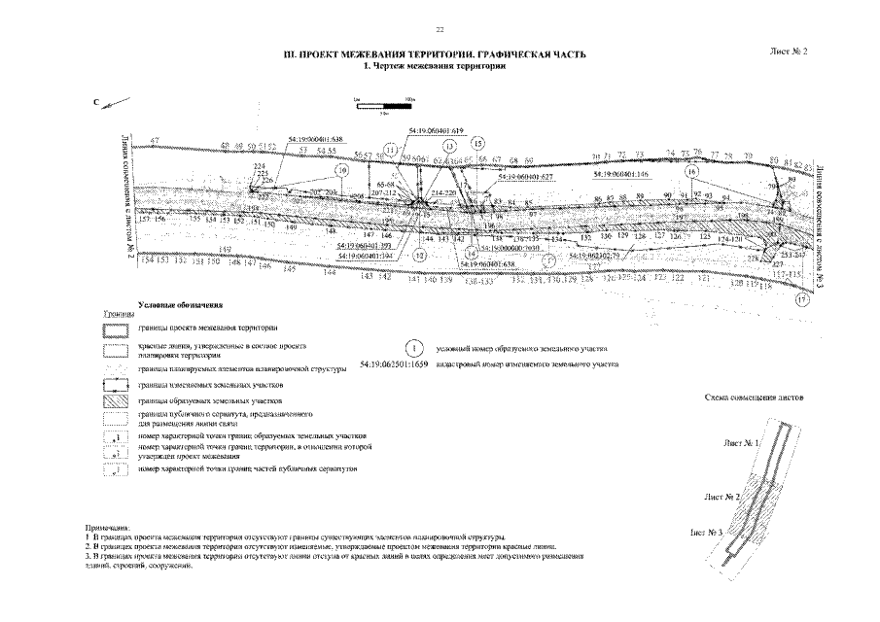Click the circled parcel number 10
point(341,169)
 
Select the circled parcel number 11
point(390,150)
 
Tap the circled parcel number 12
point(420,255)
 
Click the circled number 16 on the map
point(692,170)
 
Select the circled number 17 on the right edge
point(802,300)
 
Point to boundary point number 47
point(155,141)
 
